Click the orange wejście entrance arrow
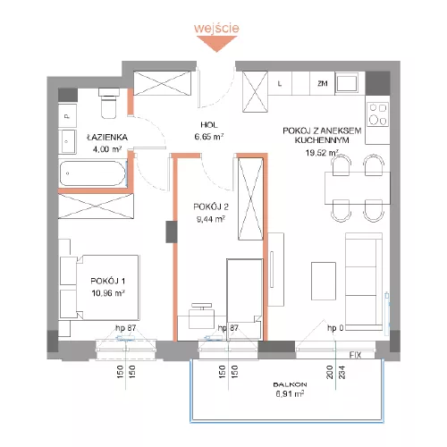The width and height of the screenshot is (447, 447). coord(216,44)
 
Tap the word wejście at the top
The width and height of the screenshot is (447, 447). coord(216,28)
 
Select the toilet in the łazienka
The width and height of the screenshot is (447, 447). coord(108,104)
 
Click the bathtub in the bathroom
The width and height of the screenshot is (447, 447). coord(93,173)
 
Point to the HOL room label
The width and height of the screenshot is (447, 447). coord(209,125)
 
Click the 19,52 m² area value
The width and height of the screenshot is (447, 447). coord(322,153)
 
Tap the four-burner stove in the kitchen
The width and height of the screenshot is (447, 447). coord(378,114)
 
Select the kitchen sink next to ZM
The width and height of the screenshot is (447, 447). coord(347,83)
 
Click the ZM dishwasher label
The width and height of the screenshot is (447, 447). coord(323,84)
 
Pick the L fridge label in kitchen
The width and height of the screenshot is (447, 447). coord(280,84)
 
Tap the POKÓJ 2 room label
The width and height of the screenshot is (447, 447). coord(211,207)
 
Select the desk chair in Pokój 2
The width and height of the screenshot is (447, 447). coord(202,316)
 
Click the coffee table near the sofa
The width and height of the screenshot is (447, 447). coord(324,281)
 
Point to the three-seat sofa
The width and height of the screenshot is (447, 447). coord(364,282)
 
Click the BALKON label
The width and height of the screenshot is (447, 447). coord(290,384)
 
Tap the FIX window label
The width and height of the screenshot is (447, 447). coord(355,355)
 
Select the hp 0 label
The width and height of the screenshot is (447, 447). coord(335,328)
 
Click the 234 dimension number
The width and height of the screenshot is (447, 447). coord(342,372)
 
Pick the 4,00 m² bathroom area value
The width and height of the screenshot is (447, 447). coord(107,149)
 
